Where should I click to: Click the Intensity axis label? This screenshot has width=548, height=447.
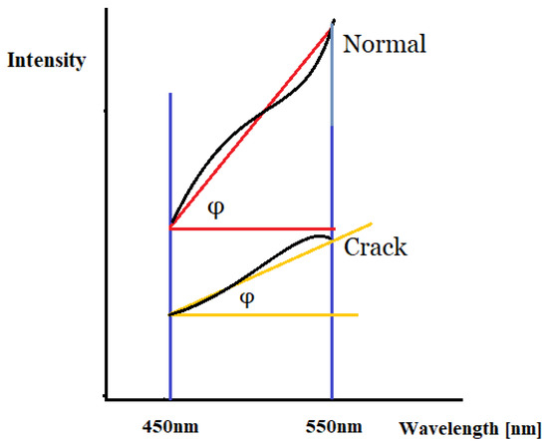pyautogui.click(x=46, y=60)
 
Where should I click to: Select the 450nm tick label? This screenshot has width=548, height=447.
pyautogui.click(x=170, y=428)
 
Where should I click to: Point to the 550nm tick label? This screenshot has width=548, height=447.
pyautogui.click(x=331, y=428)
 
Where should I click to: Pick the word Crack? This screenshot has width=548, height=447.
pyautogui.click(x=375, y=247)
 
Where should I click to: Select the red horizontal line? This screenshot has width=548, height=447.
pyautogui.click(x=249, y=228)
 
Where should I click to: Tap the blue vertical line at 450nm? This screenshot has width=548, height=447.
pyautogui.click(x=170, y=150)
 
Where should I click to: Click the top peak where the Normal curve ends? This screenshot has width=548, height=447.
pyautogui.click(x=332, y=21)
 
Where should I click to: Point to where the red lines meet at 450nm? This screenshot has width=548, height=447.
pyautogui.click(x=171, y=228)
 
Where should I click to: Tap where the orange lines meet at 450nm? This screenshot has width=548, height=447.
pyautogui.click(x=171, y=315)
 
